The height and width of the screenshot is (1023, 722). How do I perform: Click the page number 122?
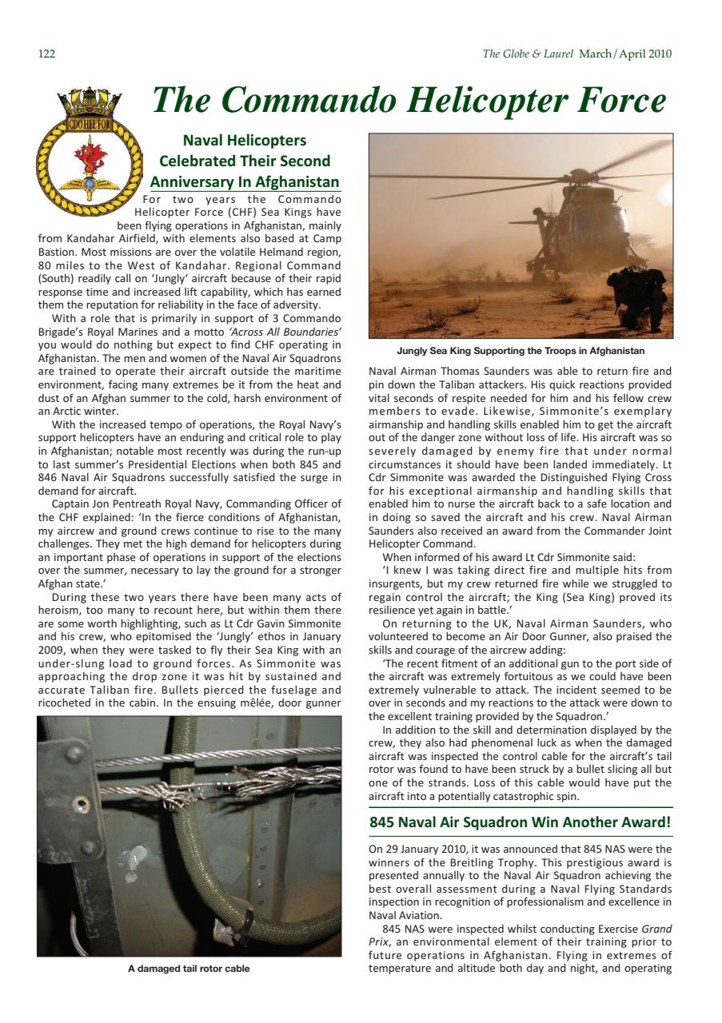pyautogui.click(x=46, y=54)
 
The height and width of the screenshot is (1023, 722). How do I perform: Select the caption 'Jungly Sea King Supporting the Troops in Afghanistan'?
pyautogui.click(x=521, y=351)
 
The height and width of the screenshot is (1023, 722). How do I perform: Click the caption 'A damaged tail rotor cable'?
pyautogui.click(x=189, y=969)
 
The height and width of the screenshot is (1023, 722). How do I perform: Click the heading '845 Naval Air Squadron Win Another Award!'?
pyautogui.click(x=520, y=822)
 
